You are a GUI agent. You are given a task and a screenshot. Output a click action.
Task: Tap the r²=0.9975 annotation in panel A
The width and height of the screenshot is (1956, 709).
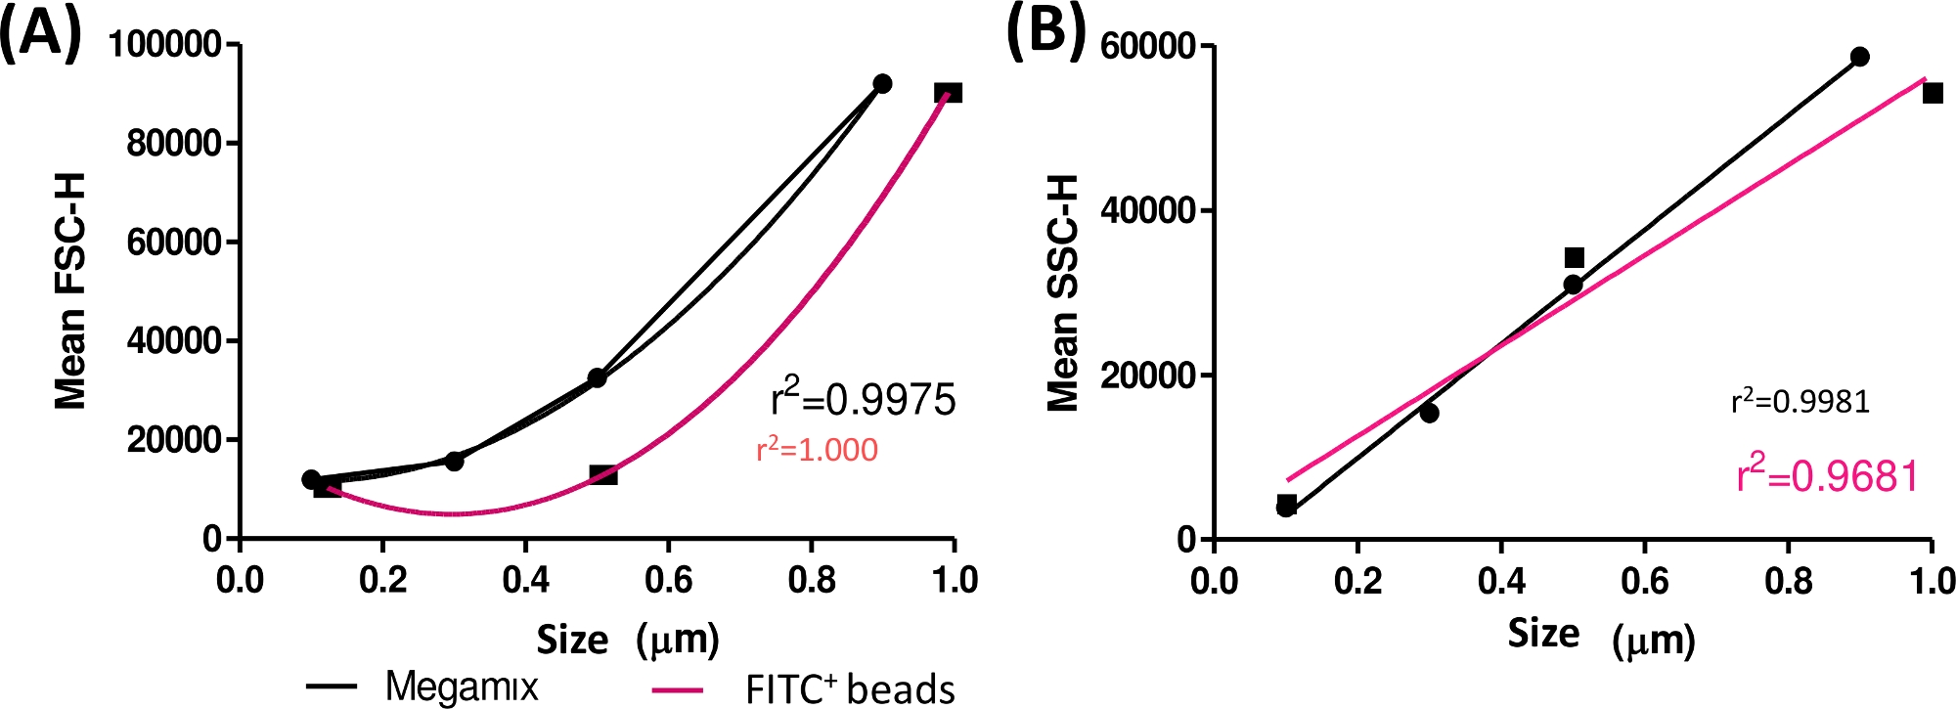point(863,398)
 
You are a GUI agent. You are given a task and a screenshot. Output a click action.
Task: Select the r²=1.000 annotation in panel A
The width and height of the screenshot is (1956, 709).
point(817,449)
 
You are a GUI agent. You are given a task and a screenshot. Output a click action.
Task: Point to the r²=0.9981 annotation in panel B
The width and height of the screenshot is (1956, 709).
point(1800,401)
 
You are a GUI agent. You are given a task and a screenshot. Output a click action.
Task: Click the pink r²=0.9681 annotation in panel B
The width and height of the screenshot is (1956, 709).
point(1827,475)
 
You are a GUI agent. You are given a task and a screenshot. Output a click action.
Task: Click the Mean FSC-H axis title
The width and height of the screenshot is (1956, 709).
point(70,290)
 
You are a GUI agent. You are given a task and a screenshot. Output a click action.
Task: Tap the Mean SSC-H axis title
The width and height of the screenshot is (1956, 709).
point(1063,292)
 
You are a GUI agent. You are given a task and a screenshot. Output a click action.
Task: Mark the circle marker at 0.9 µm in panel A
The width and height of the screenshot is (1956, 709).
point(882,83)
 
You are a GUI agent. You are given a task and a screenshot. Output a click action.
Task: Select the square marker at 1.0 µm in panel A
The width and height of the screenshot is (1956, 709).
point(948,93)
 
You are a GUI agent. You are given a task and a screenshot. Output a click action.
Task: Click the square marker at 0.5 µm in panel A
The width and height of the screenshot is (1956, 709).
point(603,474)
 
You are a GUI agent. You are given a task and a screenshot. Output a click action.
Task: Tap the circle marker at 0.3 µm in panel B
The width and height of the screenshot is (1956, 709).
point(1429,413)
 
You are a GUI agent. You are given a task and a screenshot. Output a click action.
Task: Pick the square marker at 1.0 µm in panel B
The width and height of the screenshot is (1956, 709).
point(1933,93)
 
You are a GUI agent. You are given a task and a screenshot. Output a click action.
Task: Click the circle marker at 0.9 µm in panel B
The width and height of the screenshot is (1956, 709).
point(1859,57)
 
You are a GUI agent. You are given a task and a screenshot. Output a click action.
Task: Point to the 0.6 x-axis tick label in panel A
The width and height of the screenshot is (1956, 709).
point(669,580)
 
